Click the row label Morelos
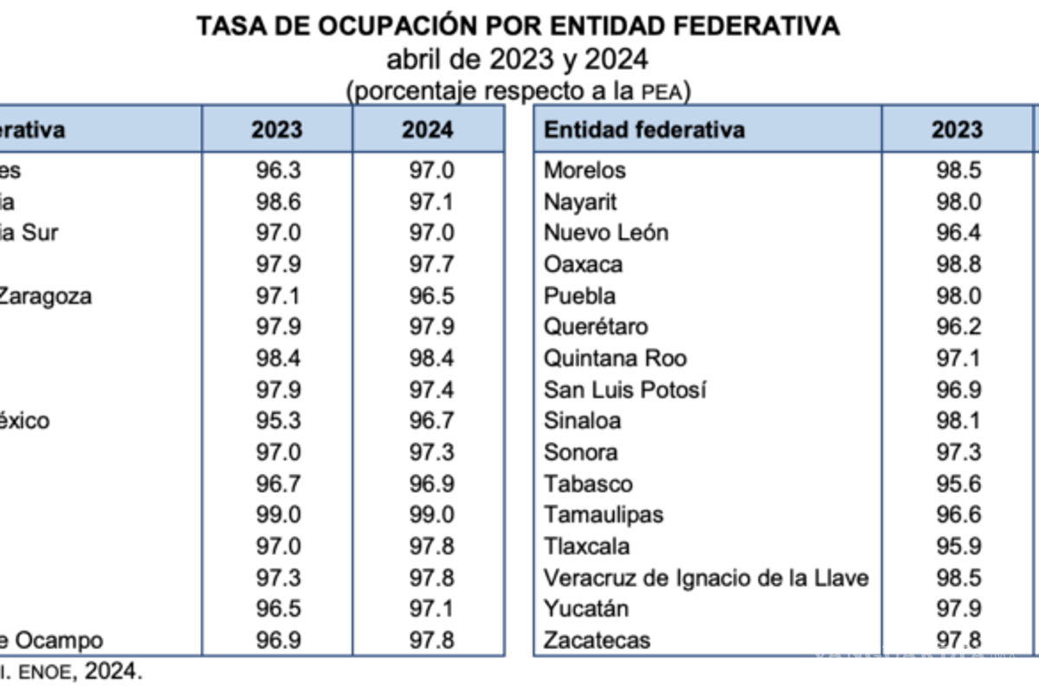click(x=584, y=170)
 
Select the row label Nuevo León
click(x=606, y=233)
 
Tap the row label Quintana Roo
click(x=616, y=359)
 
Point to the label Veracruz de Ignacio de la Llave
click(x=706, y=578)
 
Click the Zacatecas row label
click(x=597, y=641)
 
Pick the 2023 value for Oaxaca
click(x=958, y=264)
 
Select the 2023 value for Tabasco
click(x=958, y=484)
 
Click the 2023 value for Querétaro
click(x=958, y=327)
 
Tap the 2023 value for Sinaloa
click(x=958, y=421)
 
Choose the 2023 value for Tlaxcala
click(x=958, y=547)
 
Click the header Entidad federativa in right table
click(x=644, y=130)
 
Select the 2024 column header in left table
click(x=428, y=130)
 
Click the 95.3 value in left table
click(x=278, y=421)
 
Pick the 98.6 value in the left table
click(x=278, y=202)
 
